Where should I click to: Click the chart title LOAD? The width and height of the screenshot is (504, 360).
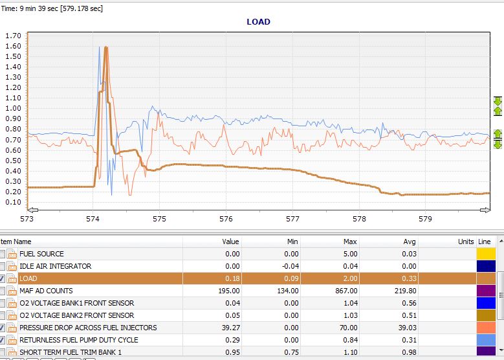pyautogui.click(x=258, y=22)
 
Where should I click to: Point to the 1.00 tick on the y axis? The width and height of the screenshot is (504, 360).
pyautogui.click(x=13, y=108)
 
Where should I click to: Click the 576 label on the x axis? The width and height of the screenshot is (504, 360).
pyautogui.click(x=226, y=219)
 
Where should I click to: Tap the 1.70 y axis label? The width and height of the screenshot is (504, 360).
pyautogui.click(x=13, y=36)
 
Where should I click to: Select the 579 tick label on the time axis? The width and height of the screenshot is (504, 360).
pyautogui.click(x=425, y=219)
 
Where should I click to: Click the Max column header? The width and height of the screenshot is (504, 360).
pyautogui.click(x=350, y=242)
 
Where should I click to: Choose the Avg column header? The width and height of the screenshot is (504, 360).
pyautogui.click(x=410, y=242)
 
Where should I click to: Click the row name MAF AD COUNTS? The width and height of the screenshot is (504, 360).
pyautogui.click(x=46, y=291)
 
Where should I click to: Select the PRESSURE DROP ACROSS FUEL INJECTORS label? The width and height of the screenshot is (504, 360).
pyautogui.click(x=88, y=328)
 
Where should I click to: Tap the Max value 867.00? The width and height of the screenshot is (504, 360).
pyautogui.click(x=346, y=291)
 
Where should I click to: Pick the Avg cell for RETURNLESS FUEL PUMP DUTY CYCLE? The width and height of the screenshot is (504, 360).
pyautogui.click(x=409, y=340)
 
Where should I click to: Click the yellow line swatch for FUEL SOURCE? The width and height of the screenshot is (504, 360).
pyautogui.click(x=486, y=254)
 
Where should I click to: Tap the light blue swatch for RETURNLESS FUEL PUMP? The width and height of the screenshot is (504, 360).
pyautogui.click(x=486, y=340)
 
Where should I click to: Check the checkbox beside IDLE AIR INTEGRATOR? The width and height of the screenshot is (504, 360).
pyautogui.click(x=2, y=266)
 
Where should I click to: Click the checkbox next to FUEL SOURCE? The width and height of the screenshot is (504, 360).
pyautogui.click(x=2, y=254)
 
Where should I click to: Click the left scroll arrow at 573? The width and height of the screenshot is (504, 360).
pyautogui.click(x=32, y=210)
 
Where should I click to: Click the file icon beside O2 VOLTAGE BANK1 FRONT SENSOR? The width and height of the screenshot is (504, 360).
pyautogui.click(x=12, y=304)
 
